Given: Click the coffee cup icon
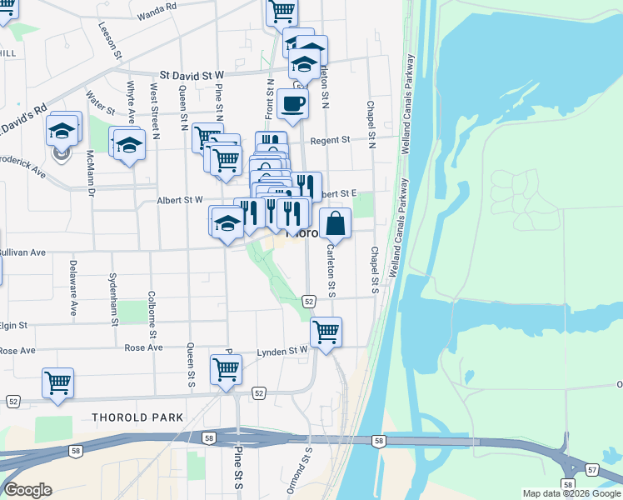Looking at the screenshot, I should (292, 104).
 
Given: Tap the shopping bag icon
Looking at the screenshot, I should (335, 223).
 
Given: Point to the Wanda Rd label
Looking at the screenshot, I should (157, 11).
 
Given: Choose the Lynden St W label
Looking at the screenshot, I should (282, 352).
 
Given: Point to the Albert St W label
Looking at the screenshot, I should (180, 200).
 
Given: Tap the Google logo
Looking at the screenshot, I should (27, 490).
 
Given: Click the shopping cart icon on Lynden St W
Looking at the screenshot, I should (326, 332).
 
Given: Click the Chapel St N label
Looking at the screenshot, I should (371, 121).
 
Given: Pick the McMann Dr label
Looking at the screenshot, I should (91, 172).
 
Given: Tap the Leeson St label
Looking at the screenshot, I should (111, 39).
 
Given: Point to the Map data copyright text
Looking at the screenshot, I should (571, 493).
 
